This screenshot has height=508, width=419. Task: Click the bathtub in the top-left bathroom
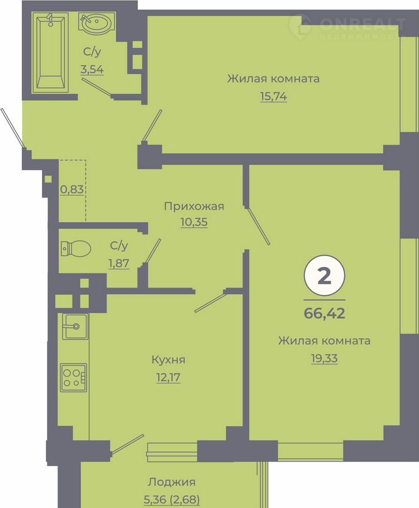[50, 52]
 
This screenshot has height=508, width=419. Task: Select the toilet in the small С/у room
[75, 248]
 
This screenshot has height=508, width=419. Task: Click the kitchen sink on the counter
[75, 326]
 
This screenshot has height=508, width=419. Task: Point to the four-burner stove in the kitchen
[74, 378]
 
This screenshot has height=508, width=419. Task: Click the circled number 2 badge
[324, 276]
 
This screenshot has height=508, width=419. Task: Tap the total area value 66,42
[324, 313]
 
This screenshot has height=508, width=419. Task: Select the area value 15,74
[273, 96]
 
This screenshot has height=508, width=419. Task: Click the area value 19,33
[324, 358]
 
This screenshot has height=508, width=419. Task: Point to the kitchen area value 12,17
[168, 377]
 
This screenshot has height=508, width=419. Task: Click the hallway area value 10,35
[194, 222]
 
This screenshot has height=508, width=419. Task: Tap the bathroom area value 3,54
[92, 69]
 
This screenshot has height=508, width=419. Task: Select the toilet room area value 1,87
[118, 263]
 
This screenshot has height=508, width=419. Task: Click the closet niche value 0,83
[72, 189]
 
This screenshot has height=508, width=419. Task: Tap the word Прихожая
[194, 207]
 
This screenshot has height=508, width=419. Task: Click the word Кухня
[168, 360]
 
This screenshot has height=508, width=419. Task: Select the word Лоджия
[172, 482]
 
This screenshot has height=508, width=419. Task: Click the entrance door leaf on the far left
[12, 128]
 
